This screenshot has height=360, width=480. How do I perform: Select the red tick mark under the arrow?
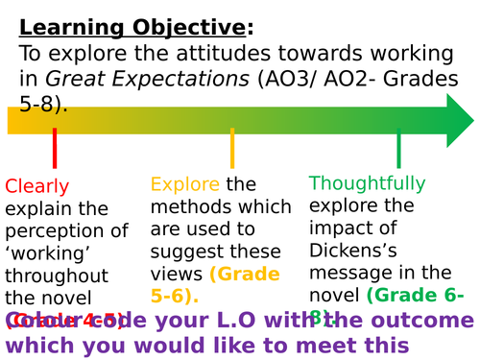[x=55, y=150]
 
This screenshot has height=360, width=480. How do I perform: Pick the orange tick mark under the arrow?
[x=232, y=150]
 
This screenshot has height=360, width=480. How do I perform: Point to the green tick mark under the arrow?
[x=398, y=150]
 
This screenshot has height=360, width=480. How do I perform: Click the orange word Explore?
[x=185, y=183]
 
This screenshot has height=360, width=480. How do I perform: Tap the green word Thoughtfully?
[x=367, y=182]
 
